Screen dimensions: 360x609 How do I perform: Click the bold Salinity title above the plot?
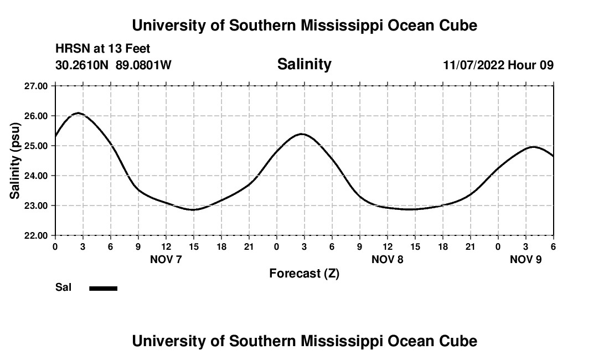click(x=304, y=64)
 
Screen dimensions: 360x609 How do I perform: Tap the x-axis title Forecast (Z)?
click(x=304, y=274)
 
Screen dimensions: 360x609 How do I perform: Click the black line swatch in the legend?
click(x=104, y=288)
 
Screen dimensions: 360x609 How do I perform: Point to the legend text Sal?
click(x=64, y=287)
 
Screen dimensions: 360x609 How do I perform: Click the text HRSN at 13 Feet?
click(x=103, y=49)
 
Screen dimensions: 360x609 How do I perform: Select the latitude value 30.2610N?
click(x=82, y=65)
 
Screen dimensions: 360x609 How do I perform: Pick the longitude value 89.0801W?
click(x=143, y=65)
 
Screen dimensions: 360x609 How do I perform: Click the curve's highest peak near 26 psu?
click(x=78, y=113)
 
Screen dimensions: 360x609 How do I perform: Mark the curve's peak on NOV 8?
click(x=301, y=134)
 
